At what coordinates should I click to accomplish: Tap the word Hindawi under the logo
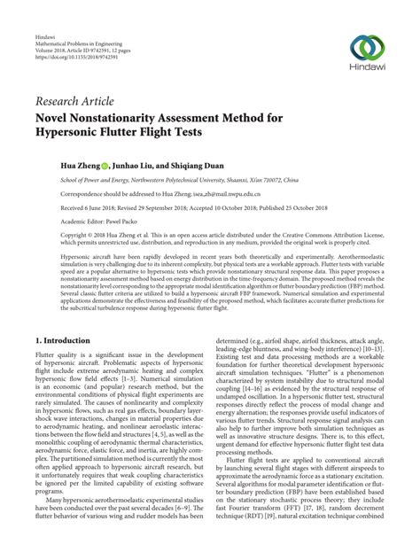(x=366, y=71)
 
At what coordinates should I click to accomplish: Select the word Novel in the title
(x=59, y=118)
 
